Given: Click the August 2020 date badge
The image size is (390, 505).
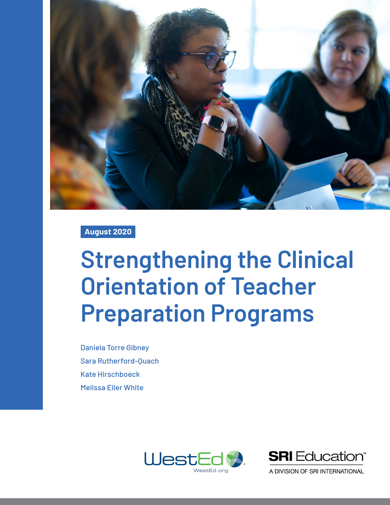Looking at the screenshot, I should (108, 232).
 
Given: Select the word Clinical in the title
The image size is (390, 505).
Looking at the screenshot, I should (315, 260).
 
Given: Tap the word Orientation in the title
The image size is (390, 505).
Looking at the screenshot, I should (139, 287).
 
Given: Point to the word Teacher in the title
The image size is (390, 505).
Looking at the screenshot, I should (273, 287).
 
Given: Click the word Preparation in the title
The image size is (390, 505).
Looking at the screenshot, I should (143, 314).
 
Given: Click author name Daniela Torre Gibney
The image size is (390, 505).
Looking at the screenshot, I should (115, 348).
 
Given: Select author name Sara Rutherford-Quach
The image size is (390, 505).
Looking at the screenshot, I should (120, 361).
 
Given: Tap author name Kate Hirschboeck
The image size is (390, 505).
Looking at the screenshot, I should (110, 375).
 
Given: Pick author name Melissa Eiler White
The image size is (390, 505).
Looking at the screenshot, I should (112, 388).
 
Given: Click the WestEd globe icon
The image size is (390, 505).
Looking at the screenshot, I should (235, 459).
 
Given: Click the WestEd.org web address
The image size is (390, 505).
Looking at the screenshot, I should (211, 471).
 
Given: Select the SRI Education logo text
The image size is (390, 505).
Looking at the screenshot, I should (317, 457).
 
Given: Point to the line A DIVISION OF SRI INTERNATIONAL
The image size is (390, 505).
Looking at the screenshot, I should (316, 472).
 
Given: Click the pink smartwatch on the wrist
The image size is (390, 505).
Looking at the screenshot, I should (215, 123).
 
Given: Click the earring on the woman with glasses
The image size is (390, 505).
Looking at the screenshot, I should (174, 76).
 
